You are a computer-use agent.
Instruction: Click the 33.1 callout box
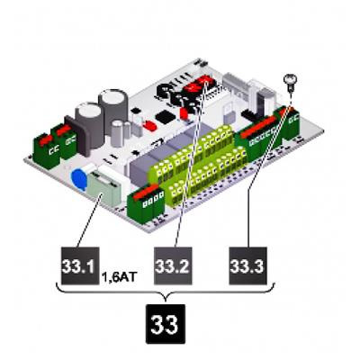point(80,265)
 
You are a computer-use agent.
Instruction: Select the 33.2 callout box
point(173,265)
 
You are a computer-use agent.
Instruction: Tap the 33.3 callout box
point(247,265)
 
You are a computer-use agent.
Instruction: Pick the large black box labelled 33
point(166,324)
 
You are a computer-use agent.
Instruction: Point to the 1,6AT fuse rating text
point(120,277)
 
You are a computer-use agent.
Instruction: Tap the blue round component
point(79,179)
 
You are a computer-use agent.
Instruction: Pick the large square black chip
point(166,117)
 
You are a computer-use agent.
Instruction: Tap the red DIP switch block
point(197,84)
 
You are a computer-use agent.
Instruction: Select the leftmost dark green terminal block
point(47,151)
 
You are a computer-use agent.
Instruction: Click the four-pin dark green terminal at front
point(146,203)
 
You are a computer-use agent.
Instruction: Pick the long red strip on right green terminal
point(258,127)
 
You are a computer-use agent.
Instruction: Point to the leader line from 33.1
point(89,220)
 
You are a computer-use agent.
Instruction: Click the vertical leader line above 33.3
point(248,219)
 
